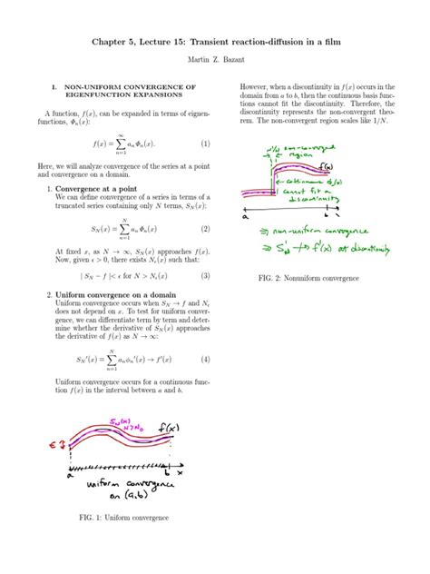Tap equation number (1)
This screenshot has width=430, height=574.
(205, 143)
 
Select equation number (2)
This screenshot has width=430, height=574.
(205, 229)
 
